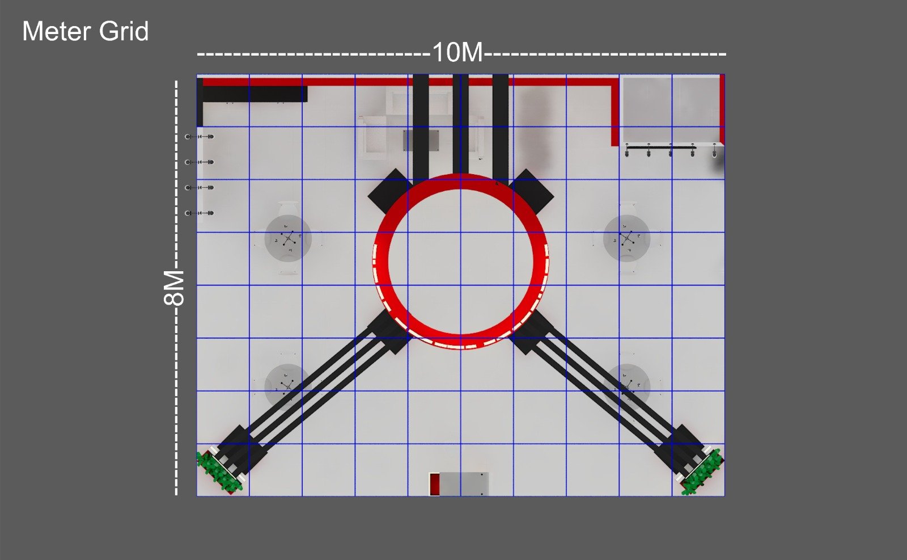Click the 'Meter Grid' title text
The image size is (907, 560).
pos(86,31)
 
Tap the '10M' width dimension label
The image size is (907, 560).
pos(457,53)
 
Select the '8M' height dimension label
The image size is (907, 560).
pos(174,288)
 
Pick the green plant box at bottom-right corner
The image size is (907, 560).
pos(702,471)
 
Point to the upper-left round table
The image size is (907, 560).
pos(288,238)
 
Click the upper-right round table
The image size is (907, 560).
pos(627,238)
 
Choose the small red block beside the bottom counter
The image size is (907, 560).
pos(434,484)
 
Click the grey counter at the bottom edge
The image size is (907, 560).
pos(464,484)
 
